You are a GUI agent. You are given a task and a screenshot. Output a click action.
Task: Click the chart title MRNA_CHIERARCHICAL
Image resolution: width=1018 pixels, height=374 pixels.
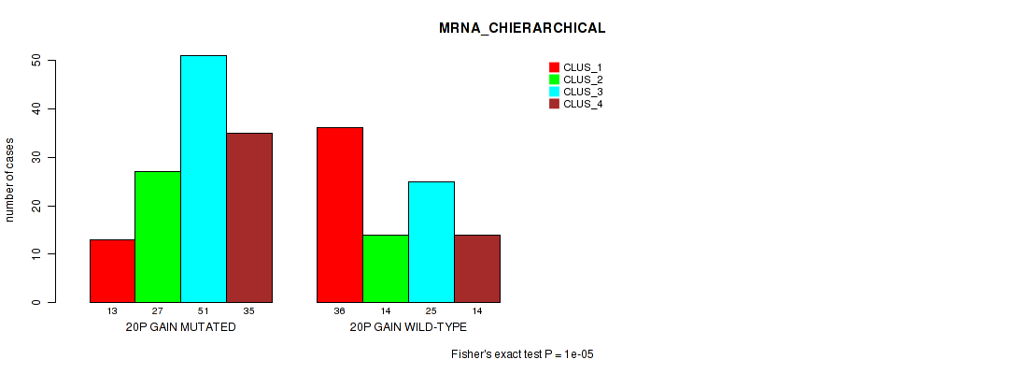[x=522, y=28]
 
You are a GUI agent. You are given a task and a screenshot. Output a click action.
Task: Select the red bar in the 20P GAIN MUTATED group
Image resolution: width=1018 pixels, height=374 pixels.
[x=112, y=271]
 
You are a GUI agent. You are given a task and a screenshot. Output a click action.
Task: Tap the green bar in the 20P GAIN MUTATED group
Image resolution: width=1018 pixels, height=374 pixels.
[x=158, y=237]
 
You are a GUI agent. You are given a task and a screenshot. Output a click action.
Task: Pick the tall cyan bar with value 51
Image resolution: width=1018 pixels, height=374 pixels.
[x=204, y=179]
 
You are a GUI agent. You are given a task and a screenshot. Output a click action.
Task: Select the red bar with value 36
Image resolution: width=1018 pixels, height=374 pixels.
[x=340, y=215]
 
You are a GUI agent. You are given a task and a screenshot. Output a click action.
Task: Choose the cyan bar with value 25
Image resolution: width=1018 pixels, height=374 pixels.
[x=431, y=242]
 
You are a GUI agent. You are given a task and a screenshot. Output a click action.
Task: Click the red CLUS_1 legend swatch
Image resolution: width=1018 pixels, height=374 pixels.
[x=554, y=67]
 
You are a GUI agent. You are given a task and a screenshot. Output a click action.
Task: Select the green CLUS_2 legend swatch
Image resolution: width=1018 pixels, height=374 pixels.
[x=554, y=79]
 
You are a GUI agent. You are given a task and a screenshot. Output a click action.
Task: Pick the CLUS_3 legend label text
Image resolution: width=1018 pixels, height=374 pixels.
[x=583, y=92]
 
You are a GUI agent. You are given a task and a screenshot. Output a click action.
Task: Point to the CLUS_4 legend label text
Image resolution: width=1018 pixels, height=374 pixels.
[x=583, y=104]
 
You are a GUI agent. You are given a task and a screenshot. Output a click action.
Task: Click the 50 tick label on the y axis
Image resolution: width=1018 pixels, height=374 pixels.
[x=36, y=61]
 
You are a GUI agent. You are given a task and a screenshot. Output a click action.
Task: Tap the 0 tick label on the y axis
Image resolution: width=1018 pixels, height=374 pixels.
[x=36, y=302]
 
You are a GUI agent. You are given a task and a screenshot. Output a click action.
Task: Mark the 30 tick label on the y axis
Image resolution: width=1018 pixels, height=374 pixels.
[x=36, y=157]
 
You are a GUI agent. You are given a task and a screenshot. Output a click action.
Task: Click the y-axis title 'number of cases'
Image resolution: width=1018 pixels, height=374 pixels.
[x=10, y=180]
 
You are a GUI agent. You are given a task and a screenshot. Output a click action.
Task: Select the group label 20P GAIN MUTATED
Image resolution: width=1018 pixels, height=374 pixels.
[x=180, y=328]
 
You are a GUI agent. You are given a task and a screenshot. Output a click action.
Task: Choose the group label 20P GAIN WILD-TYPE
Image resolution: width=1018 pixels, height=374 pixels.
[x=408, y=328]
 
